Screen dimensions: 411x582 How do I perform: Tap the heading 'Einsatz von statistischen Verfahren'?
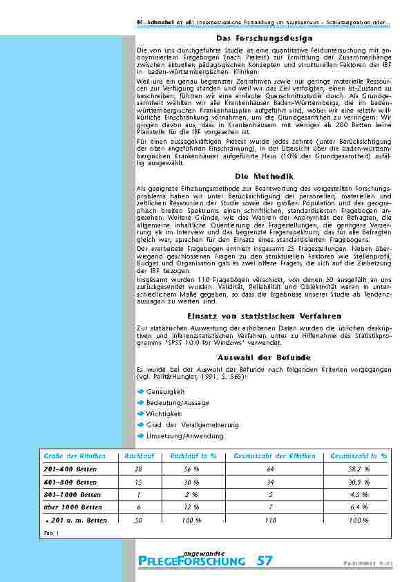tap(265, 315)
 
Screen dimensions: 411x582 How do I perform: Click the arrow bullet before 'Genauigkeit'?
tap(140, 392)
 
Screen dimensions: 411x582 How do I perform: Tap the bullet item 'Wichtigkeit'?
tap(163, 414)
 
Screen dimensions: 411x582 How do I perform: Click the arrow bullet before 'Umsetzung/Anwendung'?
tap(140, 436)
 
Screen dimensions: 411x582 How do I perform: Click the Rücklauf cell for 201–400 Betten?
tap(138, 469)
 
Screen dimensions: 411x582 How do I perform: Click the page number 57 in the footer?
tap(264, 561)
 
